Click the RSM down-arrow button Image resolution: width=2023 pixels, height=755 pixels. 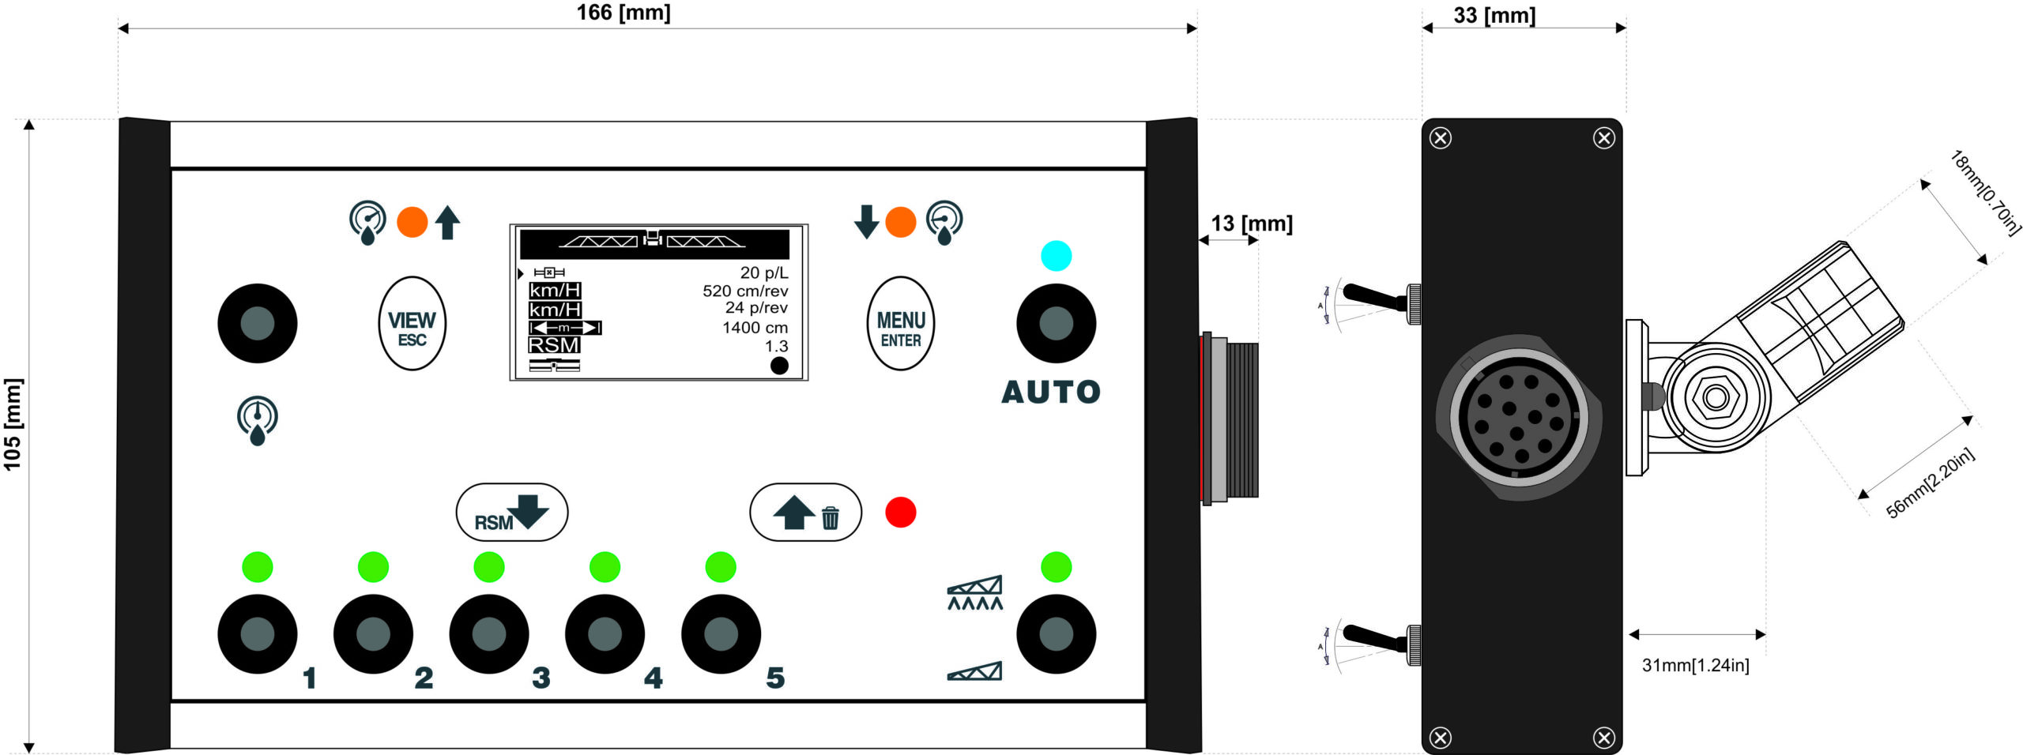point(511,512)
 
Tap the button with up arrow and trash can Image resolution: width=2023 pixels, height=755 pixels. point(804,512)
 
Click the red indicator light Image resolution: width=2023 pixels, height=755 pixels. point(900,512)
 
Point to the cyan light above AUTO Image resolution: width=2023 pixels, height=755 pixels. point(1056,256)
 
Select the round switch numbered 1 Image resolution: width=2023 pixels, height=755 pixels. point(257,633)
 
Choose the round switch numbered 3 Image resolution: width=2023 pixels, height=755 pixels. point(488,633)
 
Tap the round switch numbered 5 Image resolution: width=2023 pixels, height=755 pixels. point(720,633)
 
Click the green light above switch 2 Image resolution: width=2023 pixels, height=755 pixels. point(373,567)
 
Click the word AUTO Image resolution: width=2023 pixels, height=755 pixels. point(1050,392)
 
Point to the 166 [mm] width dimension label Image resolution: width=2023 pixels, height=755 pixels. point(623,13)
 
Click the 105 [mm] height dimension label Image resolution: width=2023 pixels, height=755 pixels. point(13,424)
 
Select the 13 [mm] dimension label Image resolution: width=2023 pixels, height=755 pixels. point(1251,223)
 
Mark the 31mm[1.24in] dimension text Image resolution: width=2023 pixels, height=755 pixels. point(1695,665)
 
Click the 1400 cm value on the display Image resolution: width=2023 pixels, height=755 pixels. point(755,327)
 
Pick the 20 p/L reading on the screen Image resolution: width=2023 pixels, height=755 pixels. point(763,272)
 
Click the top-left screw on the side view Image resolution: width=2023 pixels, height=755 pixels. point(1441,138)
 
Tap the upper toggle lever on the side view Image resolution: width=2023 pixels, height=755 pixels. point(1375,297)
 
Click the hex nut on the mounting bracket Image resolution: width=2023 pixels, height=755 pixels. point(1715,396)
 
